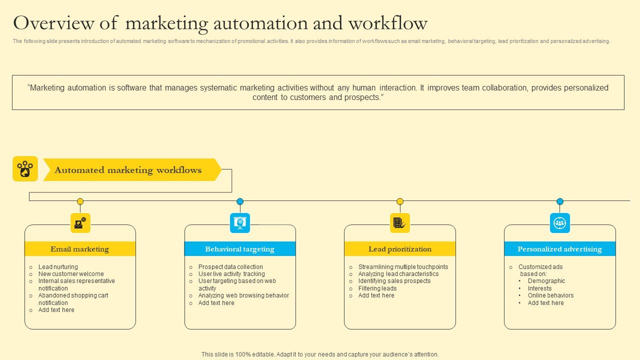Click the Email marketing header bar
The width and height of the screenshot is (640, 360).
(x=80, y=249)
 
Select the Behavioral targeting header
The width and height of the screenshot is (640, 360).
(x=240, y=249)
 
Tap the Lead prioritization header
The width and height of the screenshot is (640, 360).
(x=400, y=249)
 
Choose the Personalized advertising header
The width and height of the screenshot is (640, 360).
(x=559, y=249)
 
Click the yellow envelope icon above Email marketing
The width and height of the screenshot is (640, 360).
(x=80, y=223)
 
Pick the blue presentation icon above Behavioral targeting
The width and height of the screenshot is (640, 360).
(x=240, y=223)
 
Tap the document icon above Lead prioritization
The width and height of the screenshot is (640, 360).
(x=400, y=223)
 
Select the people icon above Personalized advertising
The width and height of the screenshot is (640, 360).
(x=560, y=223)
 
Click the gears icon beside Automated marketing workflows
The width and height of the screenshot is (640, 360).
(x=25, y=169)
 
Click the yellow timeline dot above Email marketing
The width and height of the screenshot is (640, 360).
(x=80, y=201)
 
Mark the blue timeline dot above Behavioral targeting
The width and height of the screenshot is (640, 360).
(x=240, y=201)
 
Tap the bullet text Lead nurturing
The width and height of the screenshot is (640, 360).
(x=58, y=267)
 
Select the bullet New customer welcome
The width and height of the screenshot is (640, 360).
(x=71, y=274)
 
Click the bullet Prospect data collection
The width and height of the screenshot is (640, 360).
(x=230, y=267)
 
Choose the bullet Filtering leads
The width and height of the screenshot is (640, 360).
(x=377, y=288)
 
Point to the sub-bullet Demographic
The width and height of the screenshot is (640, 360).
(x=546, y=281)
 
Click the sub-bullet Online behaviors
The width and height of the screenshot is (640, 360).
(x=550, y=295)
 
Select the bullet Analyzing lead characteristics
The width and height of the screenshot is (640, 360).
(x=398, y=274)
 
